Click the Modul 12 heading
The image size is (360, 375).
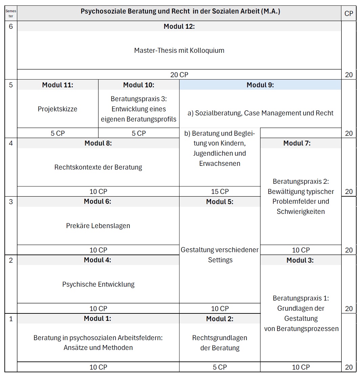coord(179,26)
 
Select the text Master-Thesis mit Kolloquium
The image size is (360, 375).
coord(179,51)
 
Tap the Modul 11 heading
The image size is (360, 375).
coord(58,85)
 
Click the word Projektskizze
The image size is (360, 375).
coord(58,109)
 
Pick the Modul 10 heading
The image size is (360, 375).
coord(139,85)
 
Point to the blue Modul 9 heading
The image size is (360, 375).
coord(260,85)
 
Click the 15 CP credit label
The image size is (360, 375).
coord(220,192)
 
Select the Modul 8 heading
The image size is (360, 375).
coord(98,143)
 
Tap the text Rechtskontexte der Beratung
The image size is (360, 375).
coord(98,167)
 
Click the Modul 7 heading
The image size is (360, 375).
coord(301,143)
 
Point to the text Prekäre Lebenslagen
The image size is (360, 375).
coord(98,226)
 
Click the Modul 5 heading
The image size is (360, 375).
coord(220,202)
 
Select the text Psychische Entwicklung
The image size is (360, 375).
coord(98,284)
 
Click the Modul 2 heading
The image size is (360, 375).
coord(220,319)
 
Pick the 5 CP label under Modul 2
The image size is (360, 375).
coord(220,367)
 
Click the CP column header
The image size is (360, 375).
coord(349,14)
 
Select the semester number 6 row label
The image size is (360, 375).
coord(11,26)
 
